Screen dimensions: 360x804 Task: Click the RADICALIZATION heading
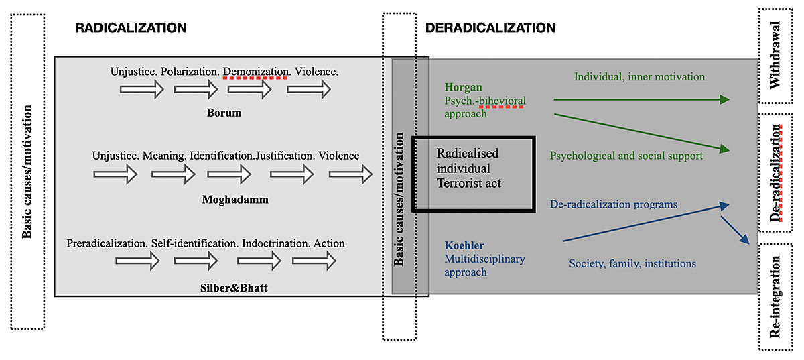[x=131, y=28]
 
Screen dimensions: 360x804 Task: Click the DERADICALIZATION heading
[x=490, y=28]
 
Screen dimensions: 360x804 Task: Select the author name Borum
[x=224, y=113]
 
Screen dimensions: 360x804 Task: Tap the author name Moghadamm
[x=230, y=199]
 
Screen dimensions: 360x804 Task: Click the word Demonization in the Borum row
[x=255, y=70]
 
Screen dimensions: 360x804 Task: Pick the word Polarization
[x=190, y=70]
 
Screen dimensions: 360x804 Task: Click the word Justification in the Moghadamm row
[x=286, y=156]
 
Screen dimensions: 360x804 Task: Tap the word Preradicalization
[x=107, y=243]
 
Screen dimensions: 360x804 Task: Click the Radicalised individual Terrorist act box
[x=472, y=174]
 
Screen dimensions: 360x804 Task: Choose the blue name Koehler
[x=464, y=245]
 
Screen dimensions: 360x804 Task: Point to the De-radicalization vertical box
[x=777, y=172]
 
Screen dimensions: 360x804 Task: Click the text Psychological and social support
[x=626, y=156]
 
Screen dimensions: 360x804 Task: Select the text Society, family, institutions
[x=632, y=264]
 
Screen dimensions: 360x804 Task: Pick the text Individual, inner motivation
[x=639, y=77]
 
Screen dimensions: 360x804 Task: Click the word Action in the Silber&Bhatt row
[x=328, y=243]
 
